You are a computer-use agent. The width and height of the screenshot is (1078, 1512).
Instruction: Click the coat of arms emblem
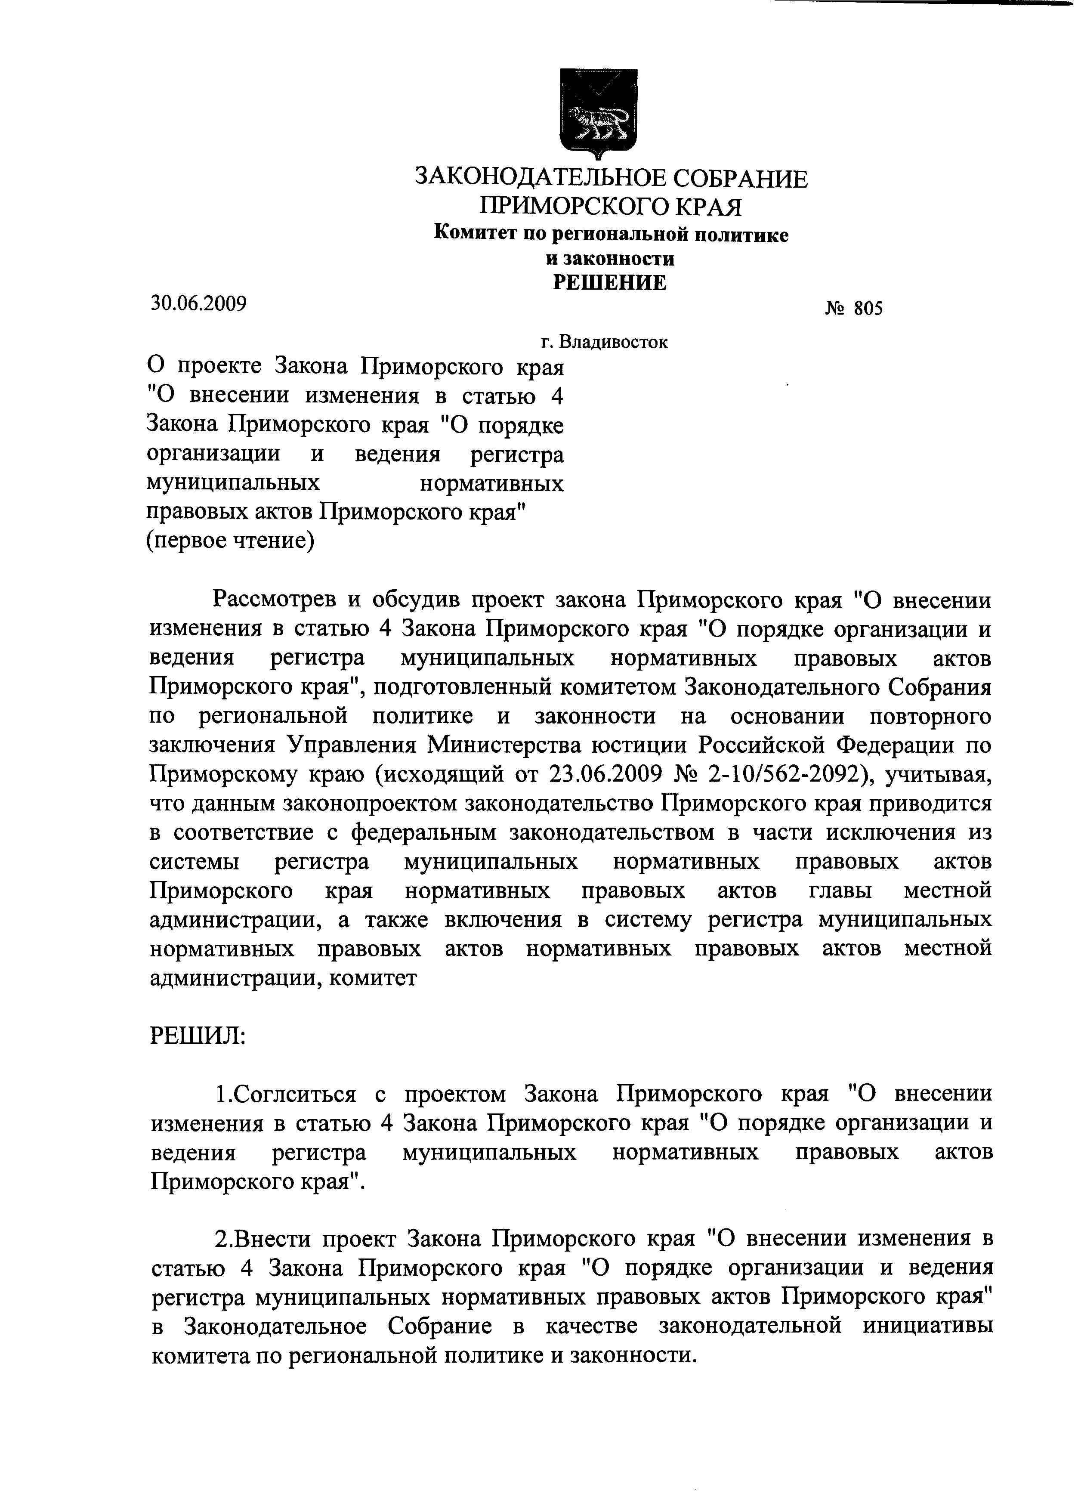pyautogui.click(x=599, y=113)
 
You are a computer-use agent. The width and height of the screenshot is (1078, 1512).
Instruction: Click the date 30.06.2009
pyautogui.click(x=198, y=303)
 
